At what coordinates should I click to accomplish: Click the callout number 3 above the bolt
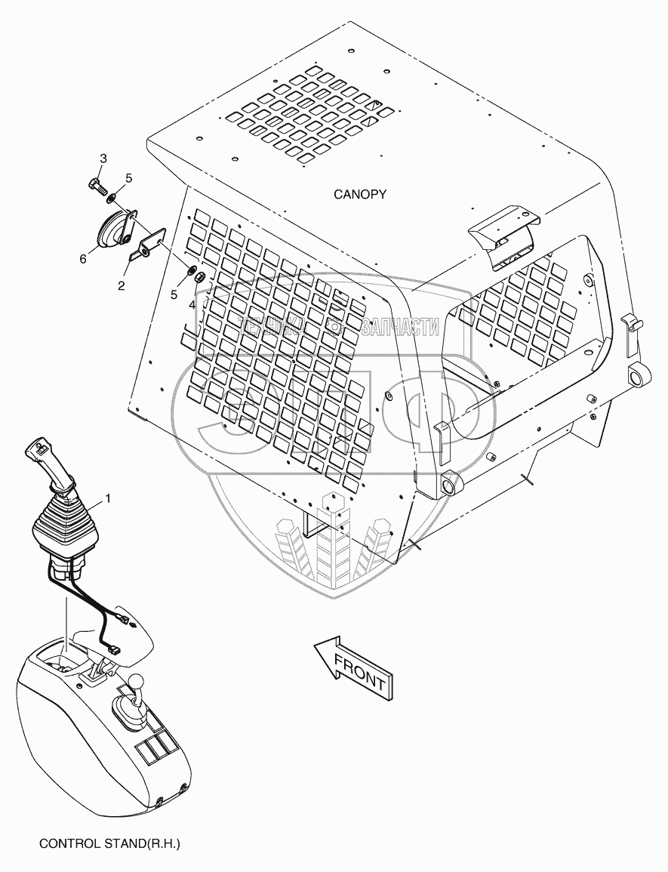103,158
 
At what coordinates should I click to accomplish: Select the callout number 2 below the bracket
120,285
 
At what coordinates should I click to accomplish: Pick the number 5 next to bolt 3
128,178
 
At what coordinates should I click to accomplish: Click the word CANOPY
360,194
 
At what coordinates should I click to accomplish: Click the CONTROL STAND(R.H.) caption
109,843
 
